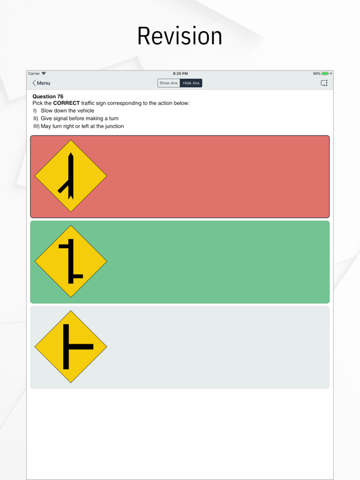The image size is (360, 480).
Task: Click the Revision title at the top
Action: (x=180, y=36)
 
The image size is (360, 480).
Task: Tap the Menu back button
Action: (x=41, y=83)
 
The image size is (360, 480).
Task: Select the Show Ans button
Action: (x=169, y=83)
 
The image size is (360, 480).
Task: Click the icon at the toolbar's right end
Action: (x=324, y=83)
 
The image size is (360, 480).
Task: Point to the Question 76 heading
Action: (x=47, y=96)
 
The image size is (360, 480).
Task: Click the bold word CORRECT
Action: (x=66, y=103)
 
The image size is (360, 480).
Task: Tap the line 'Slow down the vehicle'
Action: (x=67, y=111)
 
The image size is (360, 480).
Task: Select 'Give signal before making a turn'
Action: (x=79, y=118)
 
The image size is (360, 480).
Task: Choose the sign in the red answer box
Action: (x=71, y=176)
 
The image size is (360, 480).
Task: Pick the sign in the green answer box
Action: (x=71, y=262)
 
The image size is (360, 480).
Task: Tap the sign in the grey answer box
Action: (x=71, y=347)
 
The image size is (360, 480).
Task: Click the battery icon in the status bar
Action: (x=325, y=74)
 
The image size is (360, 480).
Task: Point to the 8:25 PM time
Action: (x=180, y=74)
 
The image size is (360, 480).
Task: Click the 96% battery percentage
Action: (x=317, y=74)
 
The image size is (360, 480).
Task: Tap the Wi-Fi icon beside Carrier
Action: (x=44, y=74)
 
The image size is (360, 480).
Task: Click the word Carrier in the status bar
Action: (x=34, y=74)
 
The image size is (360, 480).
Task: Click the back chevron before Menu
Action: (x=34, y=83)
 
